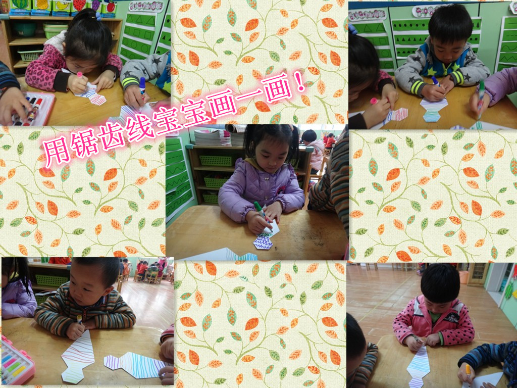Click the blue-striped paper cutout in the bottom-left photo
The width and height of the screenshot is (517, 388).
(135, 365)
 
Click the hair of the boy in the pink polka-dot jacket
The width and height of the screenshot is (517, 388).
(440, 282)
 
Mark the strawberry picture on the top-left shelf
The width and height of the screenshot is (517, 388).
(79, 5)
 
